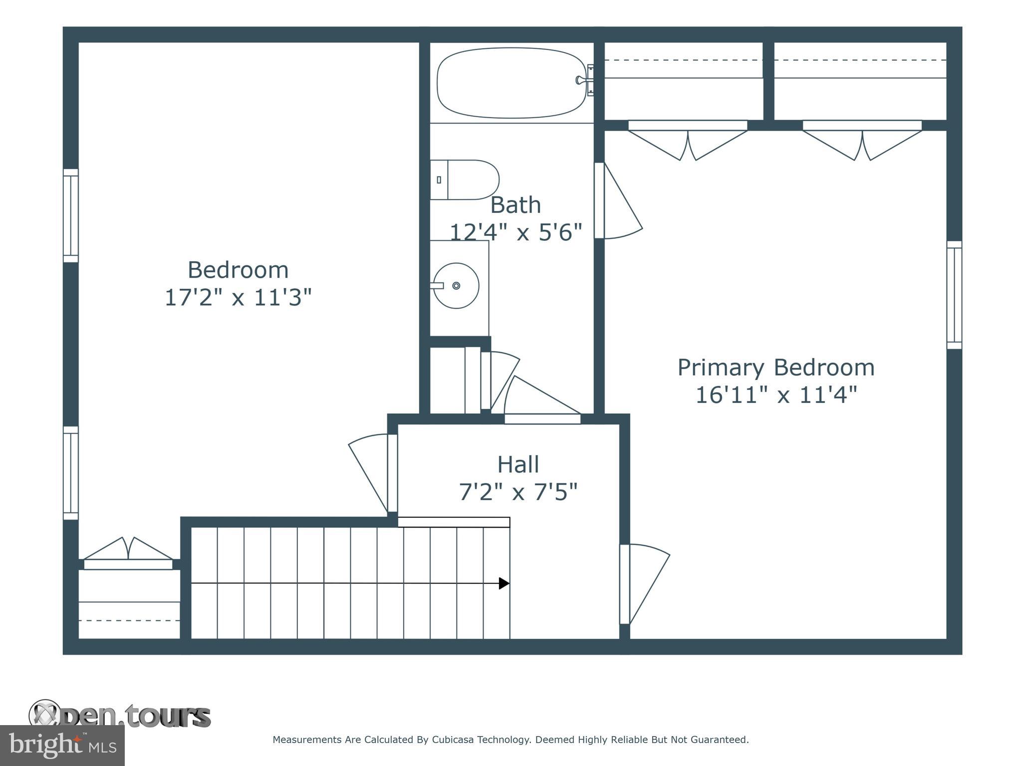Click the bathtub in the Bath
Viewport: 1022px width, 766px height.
(x=511, y=83)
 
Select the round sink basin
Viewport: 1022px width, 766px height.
(x=456, y=286)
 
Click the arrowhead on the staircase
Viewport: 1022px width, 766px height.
(x=504, y=583)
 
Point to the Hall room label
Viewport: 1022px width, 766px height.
(x=518, y=465)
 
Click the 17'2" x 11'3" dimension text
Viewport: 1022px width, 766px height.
(x=238, y=298)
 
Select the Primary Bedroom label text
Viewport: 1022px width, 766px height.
(x=775, y=368)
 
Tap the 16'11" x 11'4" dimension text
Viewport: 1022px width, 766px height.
(x=775, y=395)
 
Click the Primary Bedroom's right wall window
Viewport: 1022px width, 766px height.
(x=954, y=295)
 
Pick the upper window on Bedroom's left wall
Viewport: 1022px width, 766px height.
(x=71, y=215)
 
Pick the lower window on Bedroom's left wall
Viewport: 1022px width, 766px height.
(x=71, y=473)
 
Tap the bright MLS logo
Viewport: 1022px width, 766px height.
(x=62, y=745)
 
